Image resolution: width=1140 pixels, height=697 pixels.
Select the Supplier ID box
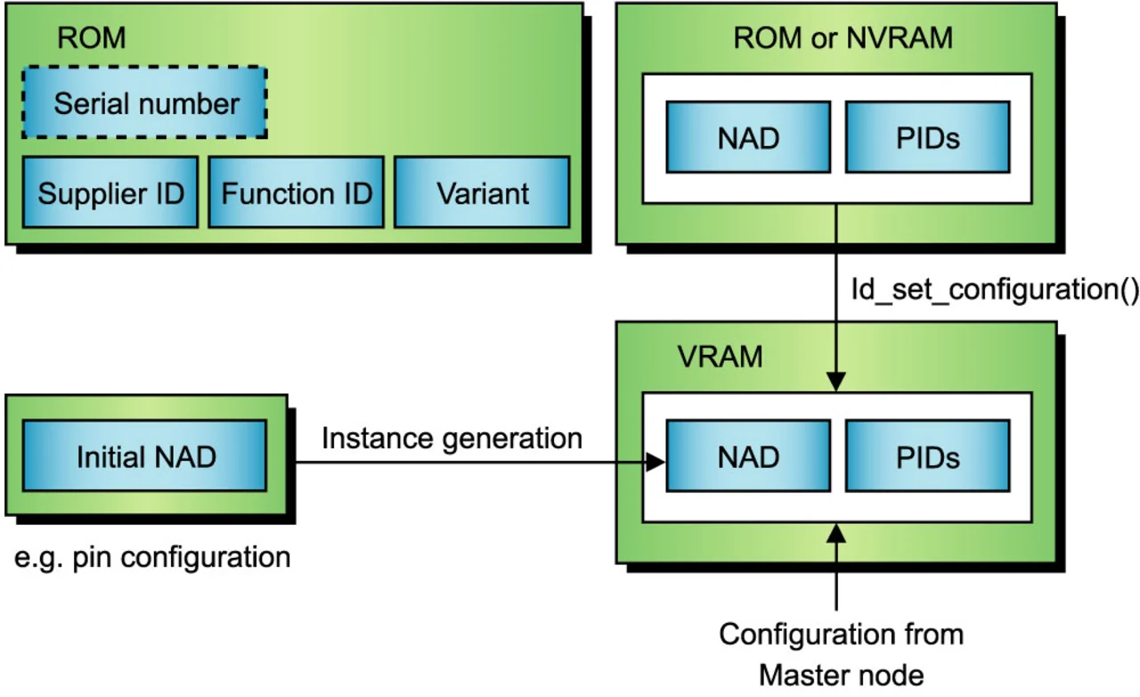pyautogui.click(x=110, y=193)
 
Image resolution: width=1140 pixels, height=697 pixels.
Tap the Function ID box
pyautogui.click(x=296, y=193)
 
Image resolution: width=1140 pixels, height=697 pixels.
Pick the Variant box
pyautogui.click(x=482, y=193)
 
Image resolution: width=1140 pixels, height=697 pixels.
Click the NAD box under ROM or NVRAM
pyautogui.click(x=748, y=136)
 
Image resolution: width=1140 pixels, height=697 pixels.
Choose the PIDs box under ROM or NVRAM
pyautogui.click(x=927, y=136)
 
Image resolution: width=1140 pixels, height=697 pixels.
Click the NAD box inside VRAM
pyautogui.click(x=748, y=456)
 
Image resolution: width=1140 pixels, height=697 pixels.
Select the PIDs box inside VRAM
pyautogui.click(x=927, y=456)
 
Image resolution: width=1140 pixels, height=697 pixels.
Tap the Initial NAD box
pyautogui.click(x=145, y=456)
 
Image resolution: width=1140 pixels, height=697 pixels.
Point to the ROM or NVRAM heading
pyautogui.click(x=843, y=38)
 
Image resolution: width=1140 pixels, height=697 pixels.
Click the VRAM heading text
pyautogui.click(x=719, y=357)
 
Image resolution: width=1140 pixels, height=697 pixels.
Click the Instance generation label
pyautogui.click(x=452, y=439)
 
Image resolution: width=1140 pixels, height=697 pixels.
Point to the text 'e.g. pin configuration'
pyautogui.click(x=153, y=557)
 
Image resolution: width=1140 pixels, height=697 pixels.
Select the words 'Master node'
pyautogui.click(x=842, y=674)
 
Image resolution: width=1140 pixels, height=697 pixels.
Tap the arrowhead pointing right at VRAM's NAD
pyautogui.click(x=657, y=462)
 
